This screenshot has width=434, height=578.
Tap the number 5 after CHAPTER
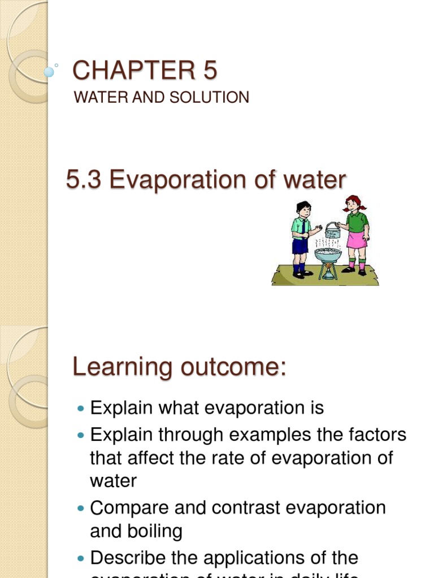(207, 71)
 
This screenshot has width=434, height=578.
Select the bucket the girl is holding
(333, 230)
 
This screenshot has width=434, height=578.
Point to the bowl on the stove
(328, 255)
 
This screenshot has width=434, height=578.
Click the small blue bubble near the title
(49, 72)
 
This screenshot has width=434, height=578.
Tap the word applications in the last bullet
(252, 558)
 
